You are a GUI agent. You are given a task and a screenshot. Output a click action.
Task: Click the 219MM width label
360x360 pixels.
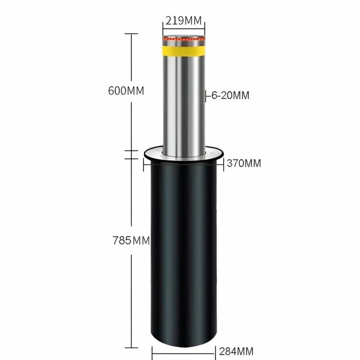point(183,20)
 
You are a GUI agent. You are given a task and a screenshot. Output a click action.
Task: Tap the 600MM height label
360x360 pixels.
point(126,91)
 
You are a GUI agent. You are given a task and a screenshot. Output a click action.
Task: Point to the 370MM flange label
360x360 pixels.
point(244,163)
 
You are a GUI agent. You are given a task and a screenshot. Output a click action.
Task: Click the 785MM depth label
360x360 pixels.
point(131,241)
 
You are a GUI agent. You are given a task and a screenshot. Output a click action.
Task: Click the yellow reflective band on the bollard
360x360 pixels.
point(183,51)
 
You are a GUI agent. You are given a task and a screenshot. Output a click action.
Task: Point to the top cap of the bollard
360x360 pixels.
point(183,35)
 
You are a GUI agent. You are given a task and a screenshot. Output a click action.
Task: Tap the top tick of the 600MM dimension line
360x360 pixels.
point(131,34)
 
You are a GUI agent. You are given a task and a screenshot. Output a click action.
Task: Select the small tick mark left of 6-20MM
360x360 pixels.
point(206,96)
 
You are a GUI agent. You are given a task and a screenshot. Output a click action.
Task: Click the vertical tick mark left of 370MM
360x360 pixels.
point(223,163)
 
